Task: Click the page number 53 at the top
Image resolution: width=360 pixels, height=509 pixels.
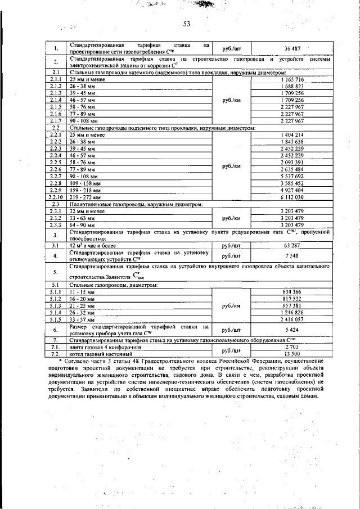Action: coord(187,24)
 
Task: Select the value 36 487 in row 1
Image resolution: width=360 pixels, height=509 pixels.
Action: coord(292,48)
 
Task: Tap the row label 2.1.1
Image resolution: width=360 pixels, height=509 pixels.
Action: coord(55,80)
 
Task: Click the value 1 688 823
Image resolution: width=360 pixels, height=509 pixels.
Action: coord(292,87)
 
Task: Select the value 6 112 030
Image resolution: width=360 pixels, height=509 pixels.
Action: coord(292,197)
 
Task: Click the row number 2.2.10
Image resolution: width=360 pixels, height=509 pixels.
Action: coord(55,197)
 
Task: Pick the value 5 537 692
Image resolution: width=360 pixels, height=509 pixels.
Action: coord(292,177)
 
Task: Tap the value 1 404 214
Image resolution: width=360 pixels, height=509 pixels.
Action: coord(292,135)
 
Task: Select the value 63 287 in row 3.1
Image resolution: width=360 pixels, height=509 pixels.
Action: coord(292,246)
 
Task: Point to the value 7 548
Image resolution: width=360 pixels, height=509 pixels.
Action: coord(292,256)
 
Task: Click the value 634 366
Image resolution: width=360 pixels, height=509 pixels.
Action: coord(292,291)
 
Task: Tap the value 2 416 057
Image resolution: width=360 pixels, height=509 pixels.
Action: coord(292,319)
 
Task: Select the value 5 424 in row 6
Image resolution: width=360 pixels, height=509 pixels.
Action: coord(292,330)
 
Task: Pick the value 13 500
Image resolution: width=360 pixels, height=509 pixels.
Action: coord(292,354)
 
